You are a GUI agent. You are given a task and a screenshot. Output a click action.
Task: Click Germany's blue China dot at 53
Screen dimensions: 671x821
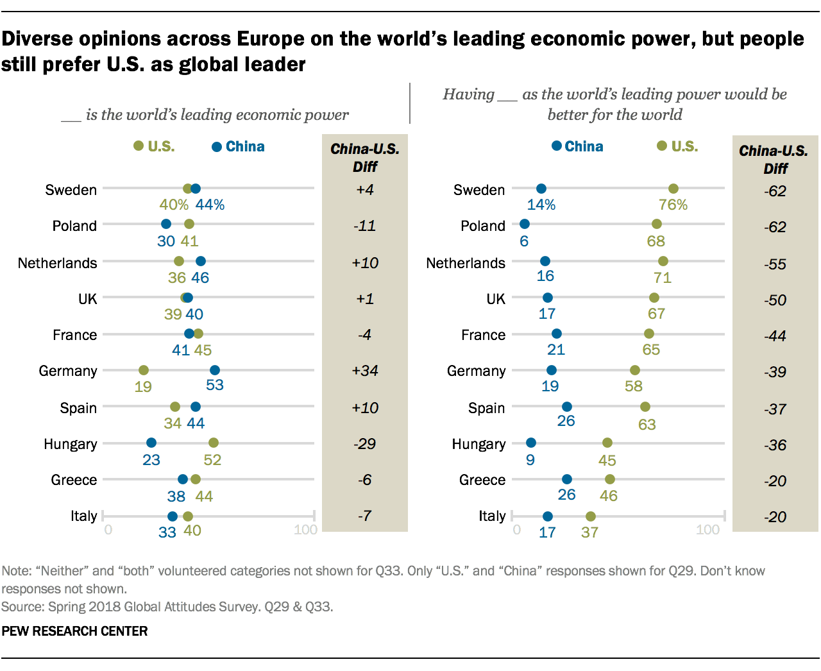coord(215,370)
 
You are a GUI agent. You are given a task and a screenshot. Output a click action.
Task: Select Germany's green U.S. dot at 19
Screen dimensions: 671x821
coord(144,370)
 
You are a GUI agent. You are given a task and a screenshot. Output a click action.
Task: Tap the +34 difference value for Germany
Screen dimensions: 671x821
coord(365,371)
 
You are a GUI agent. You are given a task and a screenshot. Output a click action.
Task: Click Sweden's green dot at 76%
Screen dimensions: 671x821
coord(673,189)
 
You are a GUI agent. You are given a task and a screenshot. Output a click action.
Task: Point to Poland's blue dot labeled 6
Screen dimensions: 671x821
coord(525,224)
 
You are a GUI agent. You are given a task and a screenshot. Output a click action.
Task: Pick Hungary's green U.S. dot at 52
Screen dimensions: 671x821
coord(214,443)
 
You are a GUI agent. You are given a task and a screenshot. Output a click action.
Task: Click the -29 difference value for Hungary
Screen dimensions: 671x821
coord(365,444)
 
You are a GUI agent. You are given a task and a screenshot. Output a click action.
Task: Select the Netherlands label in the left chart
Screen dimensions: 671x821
coord(58,263)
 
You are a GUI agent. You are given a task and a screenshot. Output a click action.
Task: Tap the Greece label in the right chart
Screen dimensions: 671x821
coord(482,480)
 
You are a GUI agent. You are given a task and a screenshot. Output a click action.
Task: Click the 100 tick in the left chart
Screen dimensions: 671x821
coord(306,530)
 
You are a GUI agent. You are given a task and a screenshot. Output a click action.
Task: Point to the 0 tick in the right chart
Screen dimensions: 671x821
coord(517,530)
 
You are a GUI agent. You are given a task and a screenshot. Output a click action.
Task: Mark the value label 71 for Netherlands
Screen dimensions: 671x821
coord(663,278)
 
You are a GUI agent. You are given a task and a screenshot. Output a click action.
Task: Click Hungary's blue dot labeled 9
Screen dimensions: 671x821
coord(531,443)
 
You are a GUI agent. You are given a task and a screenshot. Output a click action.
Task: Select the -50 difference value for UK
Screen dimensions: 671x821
coord(775,300)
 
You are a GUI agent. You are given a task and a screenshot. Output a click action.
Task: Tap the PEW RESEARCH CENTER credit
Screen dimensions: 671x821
coord(74,631)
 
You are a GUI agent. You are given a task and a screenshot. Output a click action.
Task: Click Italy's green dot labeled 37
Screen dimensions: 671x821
coord(591,516)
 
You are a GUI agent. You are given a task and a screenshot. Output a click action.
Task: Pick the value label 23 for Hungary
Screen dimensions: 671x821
coord(151,460)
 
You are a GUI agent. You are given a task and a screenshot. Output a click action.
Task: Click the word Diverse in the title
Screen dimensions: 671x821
coord(39,39)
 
